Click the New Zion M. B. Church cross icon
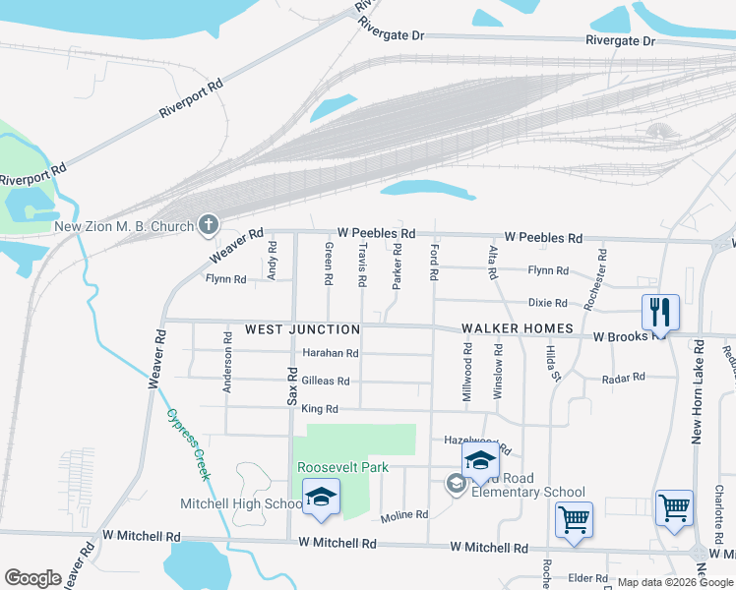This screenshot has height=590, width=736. (x=208, y=226)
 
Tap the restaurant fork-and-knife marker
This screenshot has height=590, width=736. (x=660, y=313)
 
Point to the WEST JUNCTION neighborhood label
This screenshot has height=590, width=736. (x=302, y=328)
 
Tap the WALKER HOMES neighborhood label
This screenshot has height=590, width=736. (x=518, y=328)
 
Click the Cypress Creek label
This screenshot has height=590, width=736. (x=188, y=443)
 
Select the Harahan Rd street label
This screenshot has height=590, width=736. (x=330, y=354)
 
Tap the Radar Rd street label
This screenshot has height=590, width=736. (x=624, y=377)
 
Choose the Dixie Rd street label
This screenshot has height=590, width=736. (x=548, y=303)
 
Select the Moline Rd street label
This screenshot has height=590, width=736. (x=404, y=514)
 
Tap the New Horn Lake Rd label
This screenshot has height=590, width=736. (x=697, y=392)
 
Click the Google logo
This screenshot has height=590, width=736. (x=32, y=577)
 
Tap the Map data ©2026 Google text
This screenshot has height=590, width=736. (x=674, y=582)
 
